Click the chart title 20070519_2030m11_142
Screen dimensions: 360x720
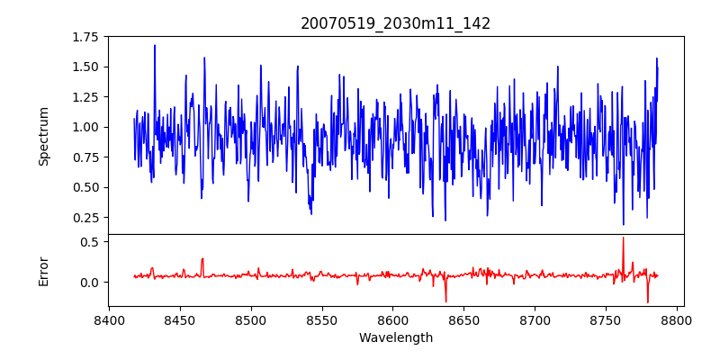pos(396,23)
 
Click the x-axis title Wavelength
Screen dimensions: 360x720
pos(396,337)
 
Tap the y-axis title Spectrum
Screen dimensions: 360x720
pos(44,136)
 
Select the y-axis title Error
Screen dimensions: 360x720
pos(44,271)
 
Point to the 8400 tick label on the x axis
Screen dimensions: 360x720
pos(109,319)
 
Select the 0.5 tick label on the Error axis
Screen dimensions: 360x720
pos(88,242)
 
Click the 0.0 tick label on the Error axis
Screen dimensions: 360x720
pos(88,282)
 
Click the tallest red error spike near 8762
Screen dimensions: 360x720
pos(623,238)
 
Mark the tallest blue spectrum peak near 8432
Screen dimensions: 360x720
pos(155,46)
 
